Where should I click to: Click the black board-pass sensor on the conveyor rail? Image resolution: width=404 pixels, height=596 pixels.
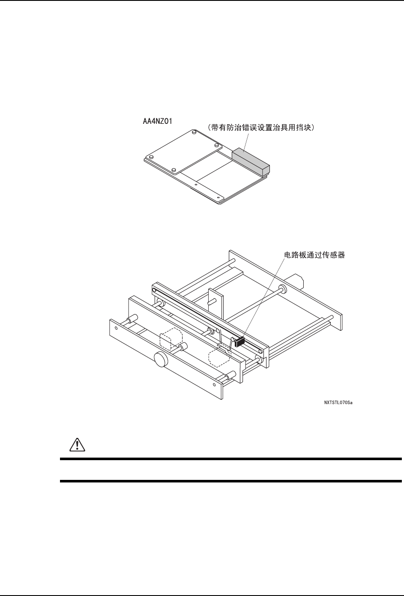(x=239, y=341)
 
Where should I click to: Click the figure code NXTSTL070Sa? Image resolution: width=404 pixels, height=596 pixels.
(x=338, y=403)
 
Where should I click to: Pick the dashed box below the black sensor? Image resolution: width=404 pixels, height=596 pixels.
(x=219, y=357)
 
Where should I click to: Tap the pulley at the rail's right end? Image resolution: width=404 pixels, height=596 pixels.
(x=260, y=351)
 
